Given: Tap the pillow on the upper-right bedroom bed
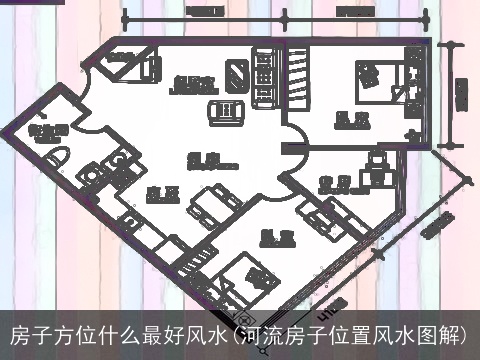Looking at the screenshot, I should [366, 72].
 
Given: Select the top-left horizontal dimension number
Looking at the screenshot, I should [204, 13].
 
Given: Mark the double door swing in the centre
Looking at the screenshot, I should [291, 155].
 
